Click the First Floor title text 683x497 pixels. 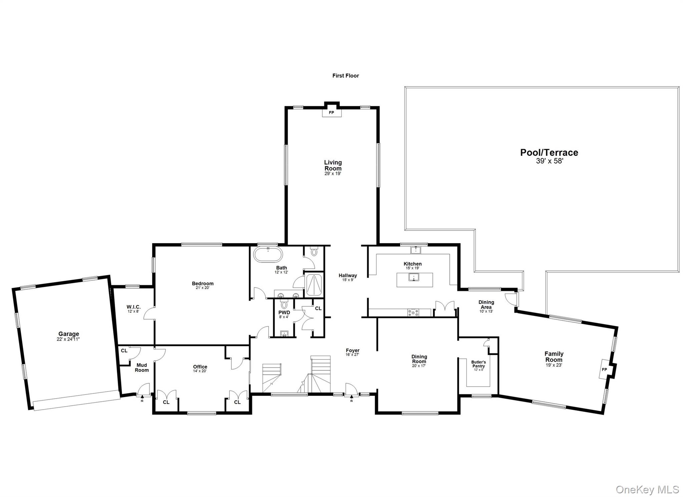coord(346,76)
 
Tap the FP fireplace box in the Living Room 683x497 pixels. coord(331,112)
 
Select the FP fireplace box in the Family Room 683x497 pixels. coord(604,369)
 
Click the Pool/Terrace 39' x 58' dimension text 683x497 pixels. coord(549,161)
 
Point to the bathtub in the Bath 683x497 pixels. coord(268,255)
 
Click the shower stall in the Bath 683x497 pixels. coord(314,285)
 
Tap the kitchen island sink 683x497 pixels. coord(414,277)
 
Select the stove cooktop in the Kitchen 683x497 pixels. coord(413,313)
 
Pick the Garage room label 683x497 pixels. coord(69,334)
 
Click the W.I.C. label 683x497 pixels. coord(133,307)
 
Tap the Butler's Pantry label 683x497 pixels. coord(479,364)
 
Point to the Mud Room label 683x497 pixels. coord(142,367)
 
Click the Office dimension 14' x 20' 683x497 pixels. coord(200,371)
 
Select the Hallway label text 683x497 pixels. coord(348,275)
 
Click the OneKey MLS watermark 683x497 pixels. coord(647,489)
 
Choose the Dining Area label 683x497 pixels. coord(486,304)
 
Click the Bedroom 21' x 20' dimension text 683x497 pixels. coord(203,288)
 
